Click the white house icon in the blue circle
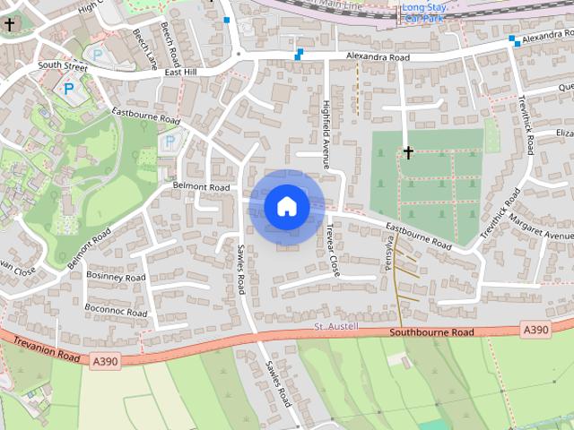286,206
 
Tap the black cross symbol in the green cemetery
408,153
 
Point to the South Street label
63,66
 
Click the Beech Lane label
144,47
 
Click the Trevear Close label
333,248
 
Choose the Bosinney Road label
116,277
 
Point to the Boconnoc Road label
116,310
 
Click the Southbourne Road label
431,333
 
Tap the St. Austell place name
336,326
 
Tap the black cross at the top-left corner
10,25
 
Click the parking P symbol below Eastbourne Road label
168,142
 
